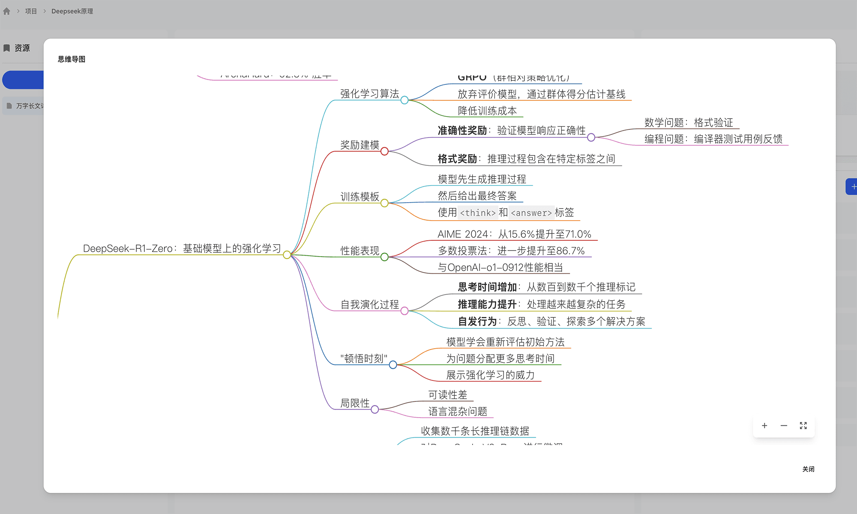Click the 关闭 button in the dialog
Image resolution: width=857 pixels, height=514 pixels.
pos(808,469)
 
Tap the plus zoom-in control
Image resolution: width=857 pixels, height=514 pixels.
pos(764,426)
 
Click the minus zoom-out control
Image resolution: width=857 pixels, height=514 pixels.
pos(784,426)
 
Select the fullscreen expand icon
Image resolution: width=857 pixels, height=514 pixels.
pos(803,426)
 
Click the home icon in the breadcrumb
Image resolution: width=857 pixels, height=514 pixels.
pos(6,11)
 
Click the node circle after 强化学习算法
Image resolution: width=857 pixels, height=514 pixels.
pos(405,100)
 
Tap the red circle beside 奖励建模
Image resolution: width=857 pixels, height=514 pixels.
pos(384,151)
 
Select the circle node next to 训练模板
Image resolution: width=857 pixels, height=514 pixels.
pos(384,203)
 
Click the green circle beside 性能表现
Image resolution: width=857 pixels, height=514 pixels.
pos(384,257)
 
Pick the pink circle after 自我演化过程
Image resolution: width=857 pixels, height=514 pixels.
pos(405,311)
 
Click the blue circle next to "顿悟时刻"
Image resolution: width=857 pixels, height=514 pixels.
pos(393,365)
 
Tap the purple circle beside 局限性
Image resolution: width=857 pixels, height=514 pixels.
pos(375,409)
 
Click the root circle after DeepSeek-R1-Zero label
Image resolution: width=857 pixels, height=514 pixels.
pos(287,255)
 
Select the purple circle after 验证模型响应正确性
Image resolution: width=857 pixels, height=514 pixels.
pos(591,137)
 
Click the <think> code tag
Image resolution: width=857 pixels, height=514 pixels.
pos(478,213)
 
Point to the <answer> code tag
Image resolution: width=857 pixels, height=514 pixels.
pos(531,213)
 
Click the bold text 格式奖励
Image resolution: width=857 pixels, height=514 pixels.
pos(457,159)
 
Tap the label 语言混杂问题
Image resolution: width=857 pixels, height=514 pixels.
pos(458,412)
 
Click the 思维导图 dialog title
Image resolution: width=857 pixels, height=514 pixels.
pos(72,59)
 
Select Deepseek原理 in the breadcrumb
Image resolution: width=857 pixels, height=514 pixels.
pos(72,11)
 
